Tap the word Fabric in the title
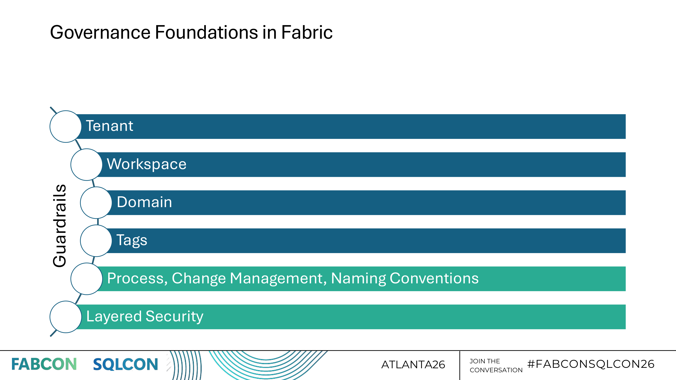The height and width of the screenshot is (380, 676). coord(307,33)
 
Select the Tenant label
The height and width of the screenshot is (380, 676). coord(109,126)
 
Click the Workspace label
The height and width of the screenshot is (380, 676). coord(146,164)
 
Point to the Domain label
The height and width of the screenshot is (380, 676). coord(144,202)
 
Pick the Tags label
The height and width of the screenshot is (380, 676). coord(132,240)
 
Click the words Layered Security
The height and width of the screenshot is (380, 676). coord(145,316)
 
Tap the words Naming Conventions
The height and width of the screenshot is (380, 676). coord(405,278)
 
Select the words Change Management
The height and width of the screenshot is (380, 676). coord(249,278)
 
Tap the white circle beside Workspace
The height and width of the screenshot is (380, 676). coord(86,164)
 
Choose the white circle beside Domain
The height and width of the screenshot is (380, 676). coord(96,202)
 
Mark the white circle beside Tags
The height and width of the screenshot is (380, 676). coord(96,240)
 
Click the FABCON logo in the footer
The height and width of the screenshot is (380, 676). coord(44,364)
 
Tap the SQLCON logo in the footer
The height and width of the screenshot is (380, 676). coord(125,364)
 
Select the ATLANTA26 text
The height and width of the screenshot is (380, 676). coord(413,365)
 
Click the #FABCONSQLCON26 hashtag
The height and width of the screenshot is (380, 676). coord(591,364)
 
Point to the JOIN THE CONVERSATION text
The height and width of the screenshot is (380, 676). coord(496,366)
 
